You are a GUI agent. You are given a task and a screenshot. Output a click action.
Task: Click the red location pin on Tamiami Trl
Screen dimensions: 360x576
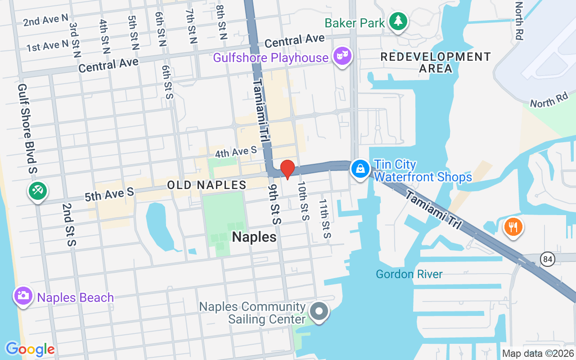click(x=288, y=169)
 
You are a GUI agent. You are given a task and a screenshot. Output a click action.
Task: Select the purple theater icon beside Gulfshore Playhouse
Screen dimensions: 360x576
click(x=342, y=56)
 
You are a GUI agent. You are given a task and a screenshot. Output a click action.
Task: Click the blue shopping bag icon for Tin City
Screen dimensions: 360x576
click(x=360, y=170)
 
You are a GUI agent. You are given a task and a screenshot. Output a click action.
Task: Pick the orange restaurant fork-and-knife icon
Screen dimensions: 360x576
click(x=513, y=225)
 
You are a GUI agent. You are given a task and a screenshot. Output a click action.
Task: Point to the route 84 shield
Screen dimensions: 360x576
click(x=549, y=259)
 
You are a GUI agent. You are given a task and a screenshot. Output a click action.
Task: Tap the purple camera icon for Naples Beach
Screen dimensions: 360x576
click(x=22, y=296)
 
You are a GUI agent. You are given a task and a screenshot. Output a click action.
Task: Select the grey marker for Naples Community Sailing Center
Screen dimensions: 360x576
click(x=319, y=310)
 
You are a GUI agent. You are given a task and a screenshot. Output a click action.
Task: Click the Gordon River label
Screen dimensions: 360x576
click(x=409, y=274)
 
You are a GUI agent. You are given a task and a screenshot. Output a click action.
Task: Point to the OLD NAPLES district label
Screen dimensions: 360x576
click(x=207, y=185)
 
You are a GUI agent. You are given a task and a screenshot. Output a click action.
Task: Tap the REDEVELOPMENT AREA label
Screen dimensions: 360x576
click(x=435, y=63)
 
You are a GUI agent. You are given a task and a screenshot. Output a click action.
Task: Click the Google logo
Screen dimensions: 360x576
click(x=30, y=349)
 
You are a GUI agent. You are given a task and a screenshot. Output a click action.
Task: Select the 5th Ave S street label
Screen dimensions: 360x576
click(x=109, y=194)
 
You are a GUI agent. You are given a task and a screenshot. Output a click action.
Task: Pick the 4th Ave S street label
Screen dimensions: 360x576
click(x=235, y=152)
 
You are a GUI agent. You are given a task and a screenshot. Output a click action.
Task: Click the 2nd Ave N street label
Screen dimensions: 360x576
click(x=46, y=20)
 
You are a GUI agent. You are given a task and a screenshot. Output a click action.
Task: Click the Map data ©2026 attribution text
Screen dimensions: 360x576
click(x=538, y=354)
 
